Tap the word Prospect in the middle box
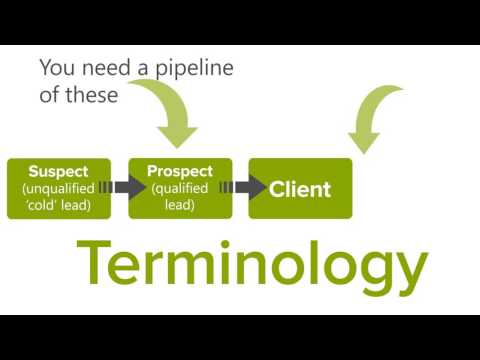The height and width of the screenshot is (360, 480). click(180, 171)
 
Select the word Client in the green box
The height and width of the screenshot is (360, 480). click(300, 188)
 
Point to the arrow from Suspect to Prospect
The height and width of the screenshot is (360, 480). click(128, 187)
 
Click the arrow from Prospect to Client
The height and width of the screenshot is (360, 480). click(250, 187)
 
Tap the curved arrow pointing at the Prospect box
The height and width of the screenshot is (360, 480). click(169, 110)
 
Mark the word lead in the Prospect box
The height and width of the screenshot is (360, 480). click(180, 205)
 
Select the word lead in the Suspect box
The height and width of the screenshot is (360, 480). click(83, 205)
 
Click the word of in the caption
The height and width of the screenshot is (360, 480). click(51, 96)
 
